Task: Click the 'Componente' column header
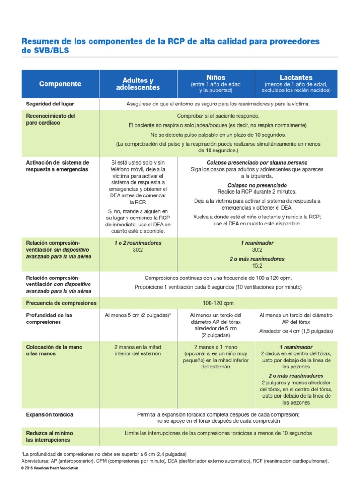point(60,84)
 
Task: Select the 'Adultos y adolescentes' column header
point(138,84)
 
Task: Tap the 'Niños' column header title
point(216,77)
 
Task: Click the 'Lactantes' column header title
point(296,77)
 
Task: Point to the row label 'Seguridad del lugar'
point(50,104)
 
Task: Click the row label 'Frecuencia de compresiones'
point(61,303)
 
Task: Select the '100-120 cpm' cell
point(218,303)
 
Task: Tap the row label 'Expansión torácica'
point(50,415)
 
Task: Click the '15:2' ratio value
point(257,265)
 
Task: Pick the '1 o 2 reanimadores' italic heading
point(138,243)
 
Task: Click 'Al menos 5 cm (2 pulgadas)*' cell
point(138,315)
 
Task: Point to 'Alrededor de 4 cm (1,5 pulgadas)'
point(296,331)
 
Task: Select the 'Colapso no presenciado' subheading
point(257,185)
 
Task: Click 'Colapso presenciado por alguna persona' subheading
point(257,163)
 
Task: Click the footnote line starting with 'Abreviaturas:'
point(175,461)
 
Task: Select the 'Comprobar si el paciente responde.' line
point(218,116)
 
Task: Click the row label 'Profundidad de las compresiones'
point(49,319)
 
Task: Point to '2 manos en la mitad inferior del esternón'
point(138,350)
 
